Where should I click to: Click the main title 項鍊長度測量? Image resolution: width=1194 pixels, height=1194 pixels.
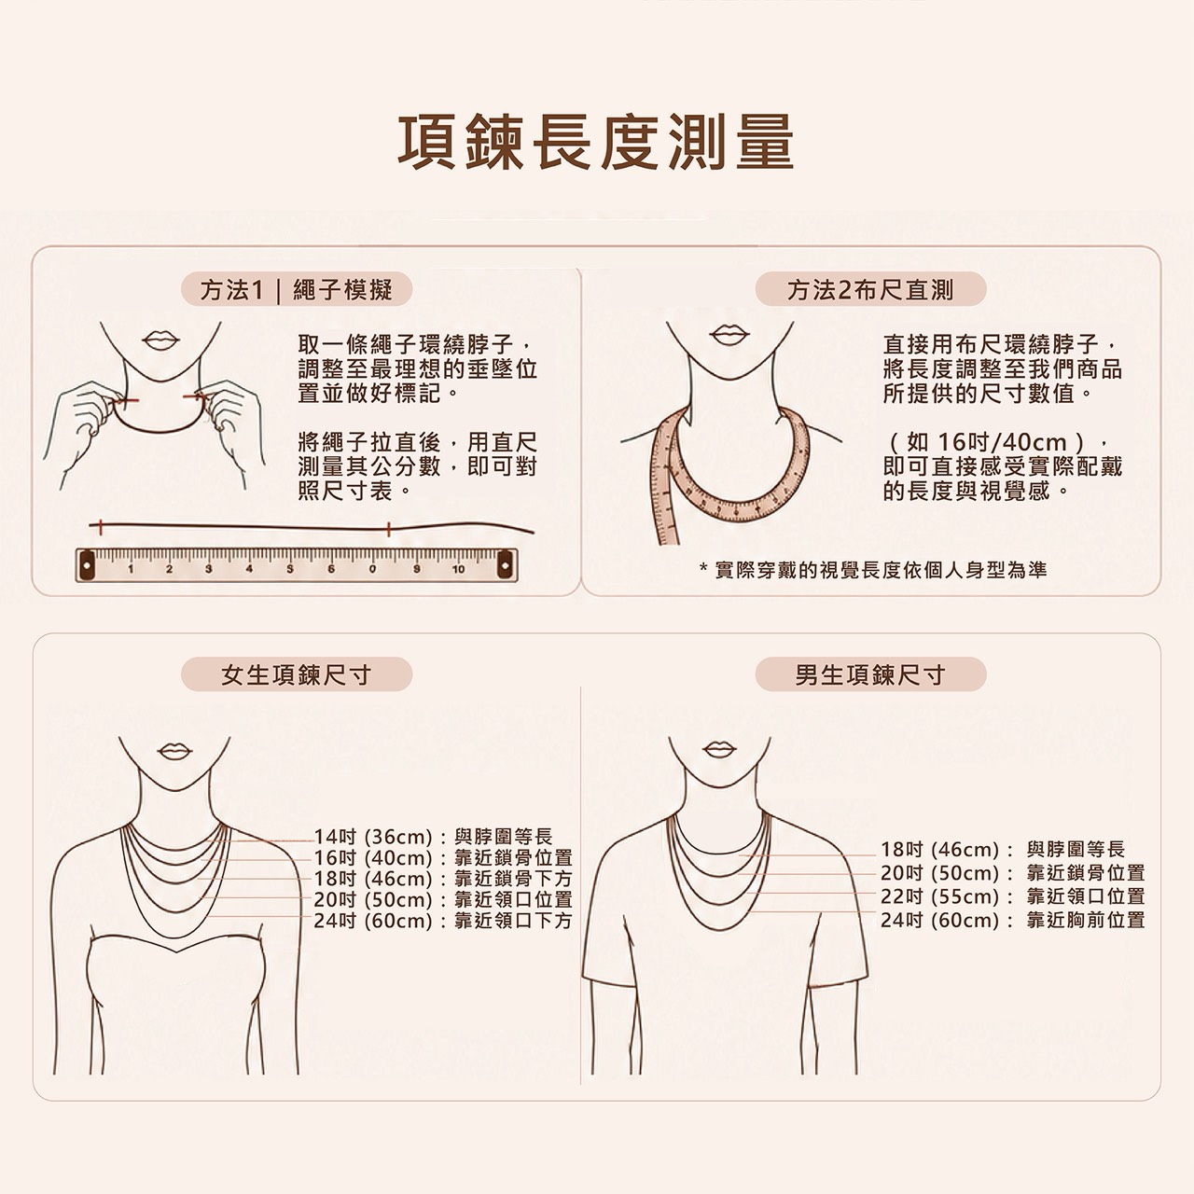595,142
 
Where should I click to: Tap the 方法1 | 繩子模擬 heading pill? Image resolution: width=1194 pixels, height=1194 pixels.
297,289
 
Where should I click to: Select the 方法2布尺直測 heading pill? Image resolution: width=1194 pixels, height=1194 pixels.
870,289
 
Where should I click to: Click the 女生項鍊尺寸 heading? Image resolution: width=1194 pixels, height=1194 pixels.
297,674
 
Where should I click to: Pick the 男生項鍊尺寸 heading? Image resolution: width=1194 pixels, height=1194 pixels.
870,674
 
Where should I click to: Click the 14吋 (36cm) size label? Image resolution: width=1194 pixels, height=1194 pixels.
372,837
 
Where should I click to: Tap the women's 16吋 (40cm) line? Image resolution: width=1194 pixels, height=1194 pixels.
443,857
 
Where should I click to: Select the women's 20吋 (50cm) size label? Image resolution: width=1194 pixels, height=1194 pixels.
372,899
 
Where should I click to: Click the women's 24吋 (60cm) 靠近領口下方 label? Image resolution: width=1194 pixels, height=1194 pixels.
443,921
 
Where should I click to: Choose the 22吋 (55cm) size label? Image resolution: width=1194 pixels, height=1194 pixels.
940,895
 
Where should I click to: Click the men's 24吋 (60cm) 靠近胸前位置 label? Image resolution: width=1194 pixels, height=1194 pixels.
1012,920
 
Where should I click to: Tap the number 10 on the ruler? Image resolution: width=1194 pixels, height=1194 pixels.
458,569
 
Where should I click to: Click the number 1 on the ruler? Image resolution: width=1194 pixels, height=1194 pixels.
131,569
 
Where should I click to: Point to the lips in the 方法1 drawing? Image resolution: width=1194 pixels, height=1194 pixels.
160,340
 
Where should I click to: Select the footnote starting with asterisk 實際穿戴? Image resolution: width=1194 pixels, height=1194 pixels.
872,569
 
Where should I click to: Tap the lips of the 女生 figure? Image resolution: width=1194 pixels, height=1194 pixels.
174,751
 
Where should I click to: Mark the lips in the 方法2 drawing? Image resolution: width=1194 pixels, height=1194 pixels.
729,335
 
